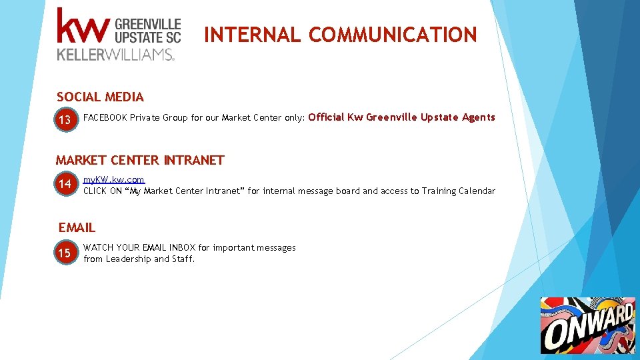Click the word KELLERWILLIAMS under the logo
[x=116, y=55]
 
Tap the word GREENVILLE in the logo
[x=148, y=23]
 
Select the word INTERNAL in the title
[x=252, y=35]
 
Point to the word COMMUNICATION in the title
[x=393, y=35]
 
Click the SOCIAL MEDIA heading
[x=100, y=97]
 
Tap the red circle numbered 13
[x=65, y=121]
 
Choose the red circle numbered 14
[x=65, y=184]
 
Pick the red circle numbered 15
[x=65, y=253]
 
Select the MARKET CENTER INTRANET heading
[x=140, y=160]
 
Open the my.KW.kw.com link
[x=113, y=180]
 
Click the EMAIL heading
[x=77, y=227]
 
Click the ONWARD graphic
[x=587, y=325]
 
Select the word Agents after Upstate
[x=479, y=117]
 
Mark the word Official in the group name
[x=327, y=117]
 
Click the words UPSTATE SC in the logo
[x=148, y=37]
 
